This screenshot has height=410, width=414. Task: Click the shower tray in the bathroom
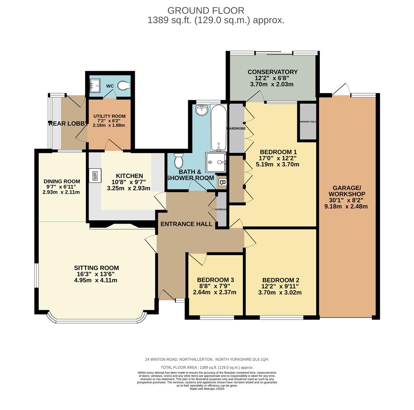[216, 162]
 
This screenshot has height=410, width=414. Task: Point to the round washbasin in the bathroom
[201, 110]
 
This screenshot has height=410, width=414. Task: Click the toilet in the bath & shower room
[178, 161]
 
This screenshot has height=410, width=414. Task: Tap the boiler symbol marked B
[222, 183]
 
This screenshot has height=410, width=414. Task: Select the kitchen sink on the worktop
[95, 176]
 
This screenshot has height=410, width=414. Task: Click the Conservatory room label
[272, 72]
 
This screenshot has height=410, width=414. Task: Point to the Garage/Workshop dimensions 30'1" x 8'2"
[346, 200]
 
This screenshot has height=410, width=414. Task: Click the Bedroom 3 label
[215, 280]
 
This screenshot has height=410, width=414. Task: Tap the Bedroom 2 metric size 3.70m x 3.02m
[280, 293]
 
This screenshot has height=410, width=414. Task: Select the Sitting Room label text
[96, 268]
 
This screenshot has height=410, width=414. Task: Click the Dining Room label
[62, 181]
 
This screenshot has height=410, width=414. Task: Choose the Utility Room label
[109, 116]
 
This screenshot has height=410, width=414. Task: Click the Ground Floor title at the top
[206, 11]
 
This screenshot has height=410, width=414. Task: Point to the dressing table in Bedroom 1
[308, 121]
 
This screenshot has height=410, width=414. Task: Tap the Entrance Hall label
[186, 224]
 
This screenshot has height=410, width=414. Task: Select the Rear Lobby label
[67, 123]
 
